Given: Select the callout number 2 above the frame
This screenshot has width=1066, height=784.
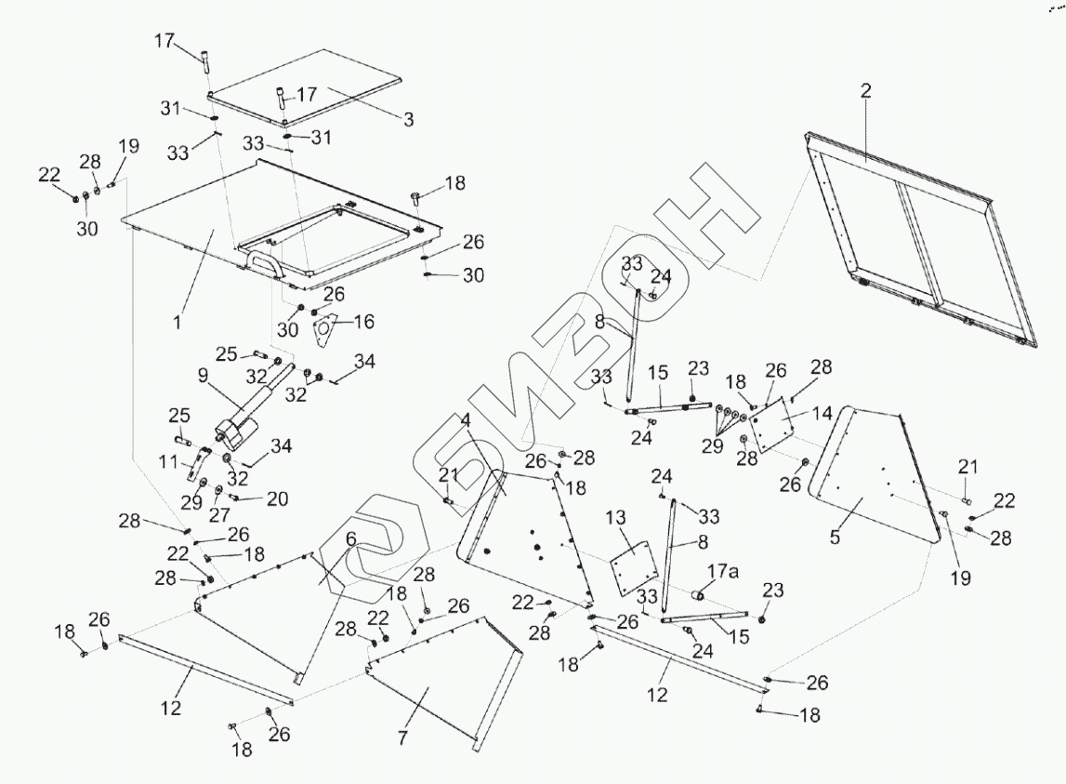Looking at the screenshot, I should (865, 91).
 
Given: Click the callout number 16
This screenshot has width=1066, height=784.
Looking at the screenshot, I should (363, 322).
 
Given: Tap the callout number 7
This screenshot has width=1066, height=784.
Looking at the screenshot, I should (402, 738).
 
